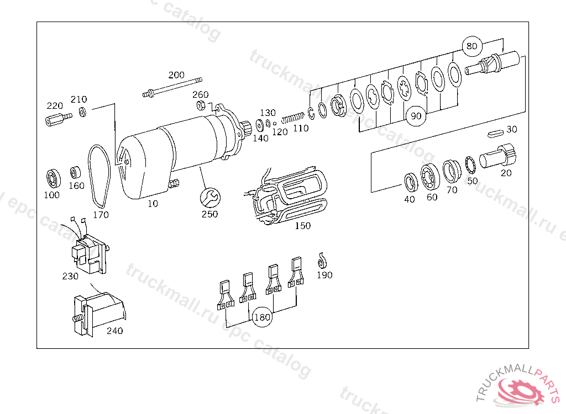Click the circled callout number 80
[472, 46]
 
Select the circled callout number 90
[416, 116]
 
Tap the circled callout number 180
[261, 317]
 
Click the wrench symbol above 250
[210, 197]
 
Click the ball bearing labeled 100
[53, 178]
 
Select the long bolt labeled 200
[172, 87]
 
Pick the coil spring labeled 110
[293, 118]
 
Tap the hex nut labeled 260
[201, 105]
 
